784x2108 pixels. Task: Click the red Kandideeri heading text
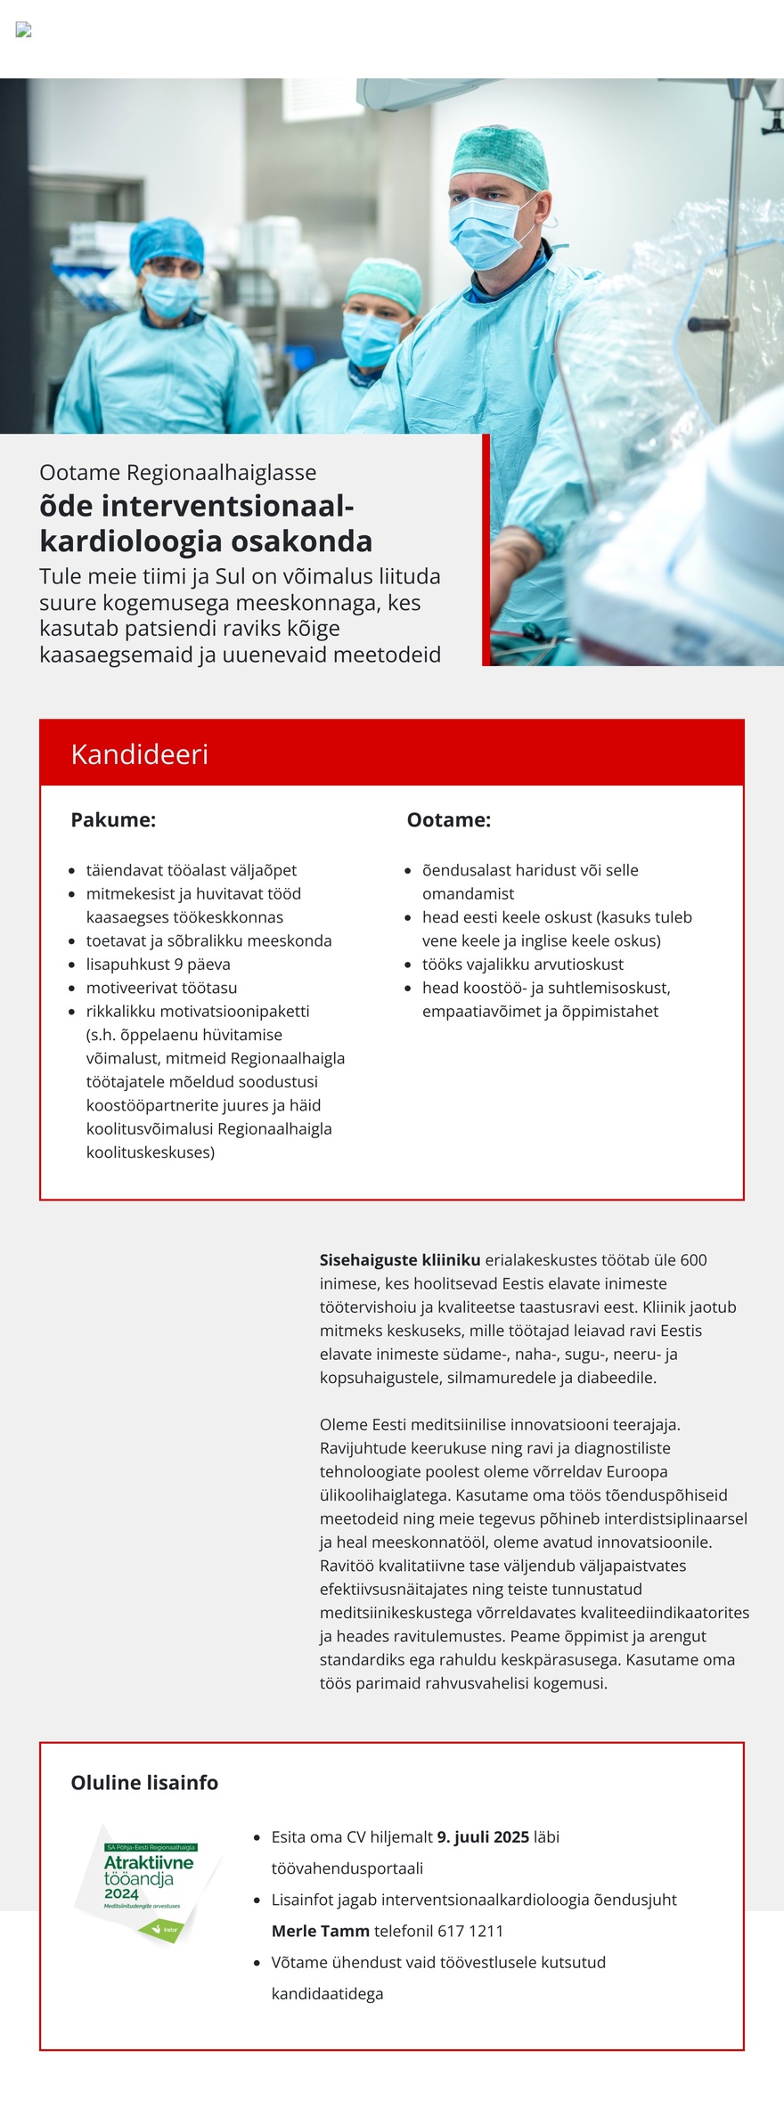[x=139, y=754]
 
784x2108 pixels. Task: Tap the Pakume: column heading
[x=113, y=820]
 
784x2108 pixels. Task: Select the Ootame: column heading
[x=448, y=820]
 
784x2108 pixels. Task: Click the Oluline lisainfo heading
[x=144, y=1782]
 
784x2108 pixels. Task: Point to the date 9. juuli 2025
[x=483, y=1836]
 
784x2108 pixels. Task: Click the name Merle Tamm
[x=320, y=1931]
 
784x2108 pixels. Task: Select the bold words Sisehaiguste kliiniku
[x=400, y=1260]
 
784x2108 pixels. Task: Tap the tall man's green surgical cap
[x=499, y=159]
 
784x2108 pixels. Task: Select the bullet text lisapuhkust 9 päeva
[x=158, y=964]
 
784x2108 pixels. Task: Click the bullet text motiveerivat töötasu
[x=161, y=988]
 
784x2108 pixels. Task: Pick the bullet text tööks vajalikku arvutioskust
[x=522, y=964]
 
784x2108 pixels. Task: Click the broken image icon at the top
[x=24, y=30]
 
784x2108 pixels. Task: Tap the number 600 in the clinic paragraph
[x=693, y=1260]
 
